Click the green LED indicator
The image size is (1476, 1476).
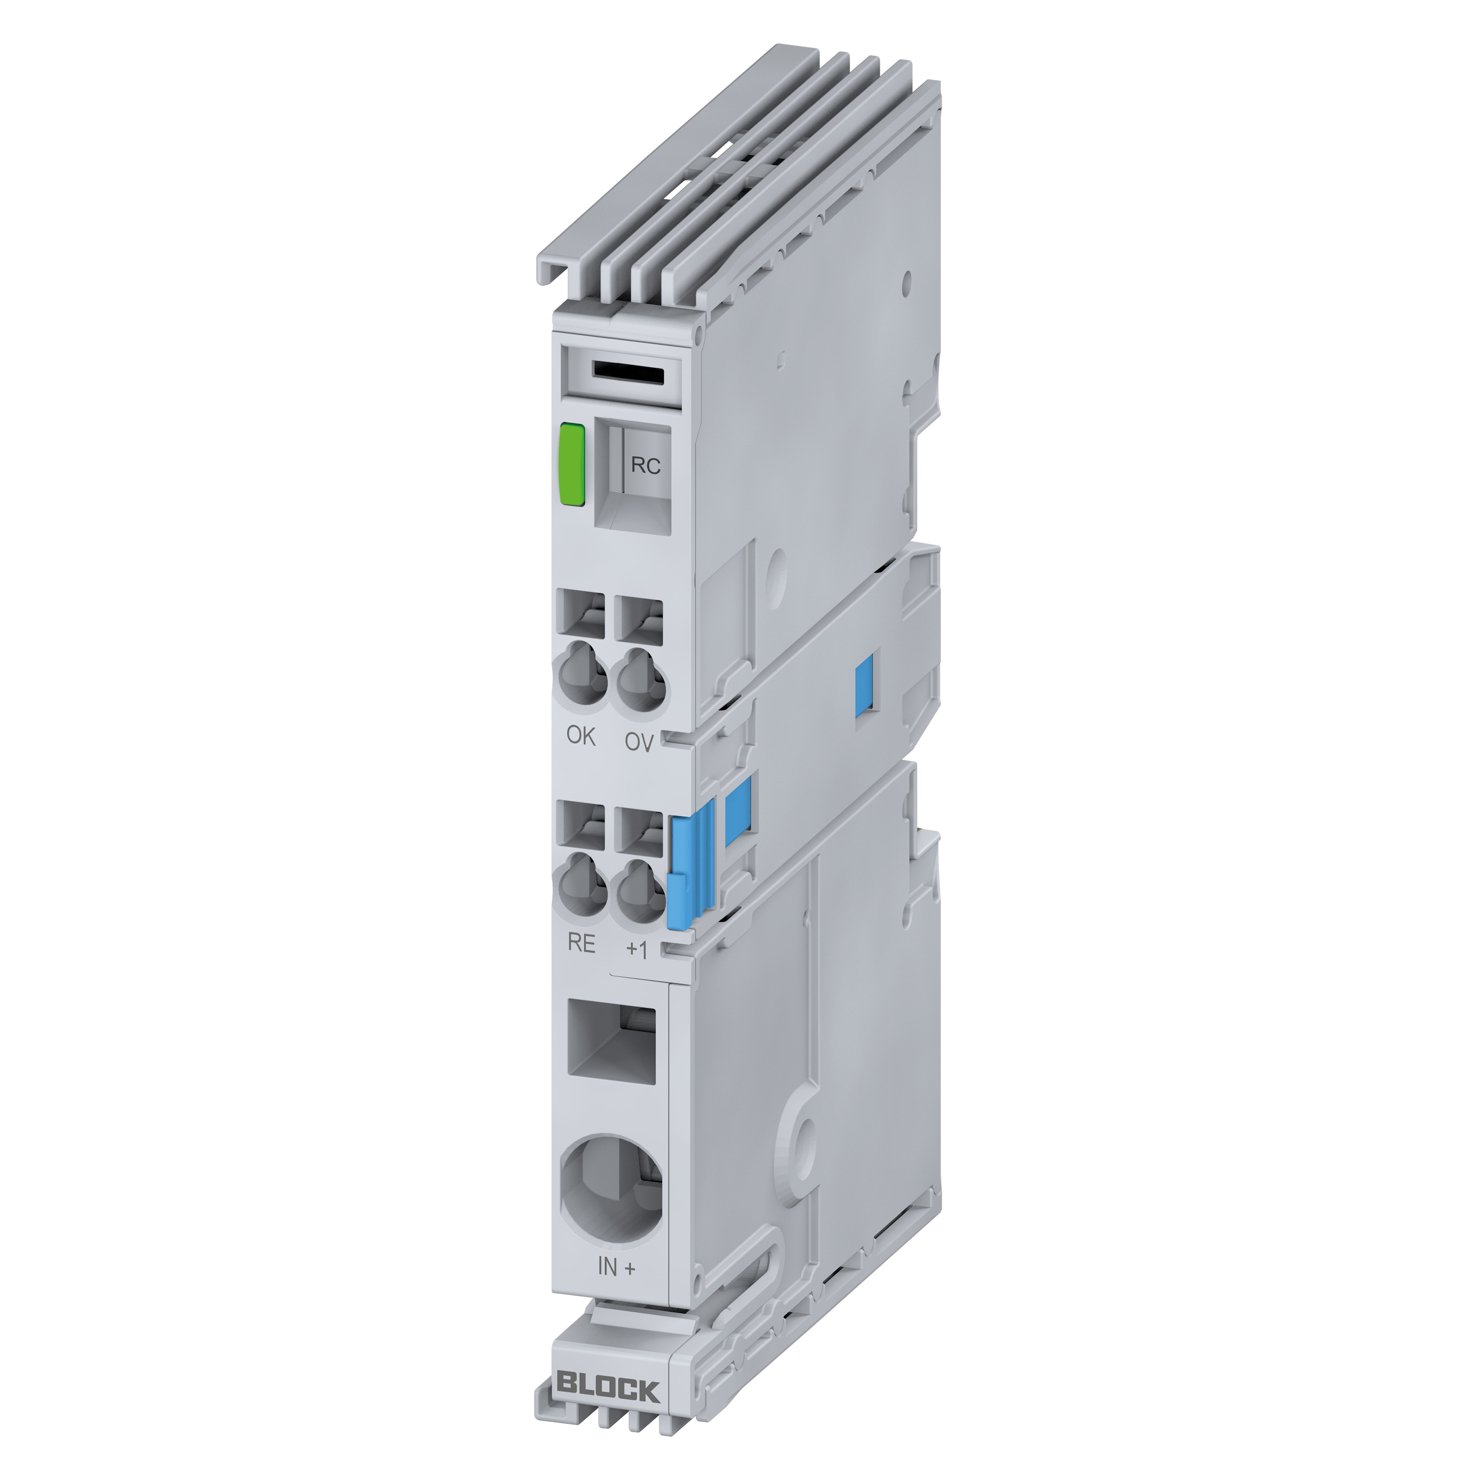pyautogui.click(x=572, y=464)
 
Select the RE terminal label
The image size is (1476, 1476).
pyautogui.click(x=581, y=943)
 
